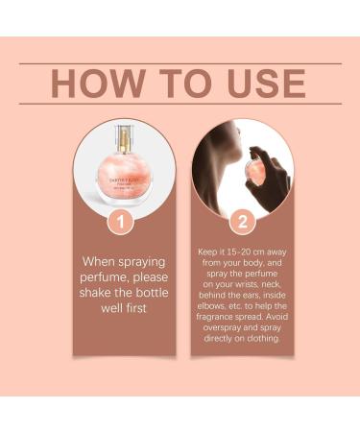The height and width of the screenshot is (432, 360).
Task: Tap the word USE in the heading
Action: (x=263, y=84)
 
